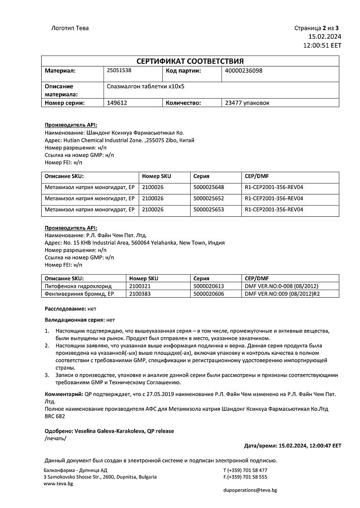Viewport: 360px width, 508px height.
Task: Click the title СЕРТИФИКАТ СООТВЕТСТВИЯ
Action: coord(190,61)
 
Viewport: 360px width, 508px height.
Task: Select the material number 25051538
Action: coord(119,70)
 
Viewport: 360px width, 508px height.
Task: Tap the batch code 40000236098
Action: coord(244,70)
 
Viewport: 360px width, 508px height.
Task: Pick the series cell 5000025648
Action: coord(209,188)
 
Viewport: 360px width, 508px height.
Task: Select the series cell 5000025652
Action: coord(209,198)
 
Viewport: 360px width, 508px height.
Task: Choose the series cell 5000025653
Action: coord(209,209)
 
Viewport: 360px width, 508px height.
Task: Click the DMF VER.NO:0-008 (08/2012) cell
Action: coord(282,286)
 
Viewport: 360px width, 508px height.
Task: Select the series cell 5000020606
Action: coord(209,294)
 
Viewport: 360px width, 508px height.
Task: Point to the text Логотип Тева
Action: coord(70,28)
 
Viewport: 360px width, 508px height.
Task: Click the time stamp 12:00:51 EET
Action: coord(322,45)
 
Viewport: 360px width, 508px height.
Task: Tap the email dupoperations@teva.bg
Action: coord(250,490)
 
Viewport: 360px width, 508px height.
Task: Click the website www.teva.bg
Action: coord(59,484)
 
